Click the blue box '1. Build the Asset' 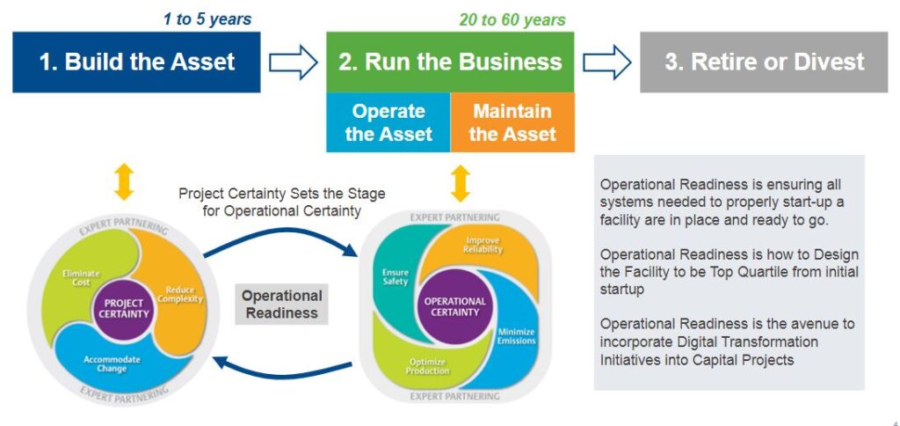tap(136, 62)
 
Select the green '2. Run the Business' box tap(450, 62)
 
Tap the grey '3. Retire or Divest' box tap(765, 62)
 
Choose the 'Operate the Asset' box tap(388, 122)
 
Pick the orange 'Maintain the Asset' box tap(512, 122)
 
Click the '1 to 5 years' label tap(207, 18)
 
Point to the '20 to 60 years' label tap(512, 18)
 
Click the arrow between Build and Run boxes tap(293, 62)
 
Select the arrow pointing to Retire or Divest tap(607, 62)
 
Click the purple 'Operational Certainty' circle tap(454, 306)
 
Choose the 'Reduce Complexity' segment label tap(179, 294)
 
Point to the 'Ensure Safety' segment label tap(395, 276)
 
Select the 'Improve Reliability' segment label tap(483, 245)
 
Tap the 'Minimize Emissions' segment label tap(516, 335)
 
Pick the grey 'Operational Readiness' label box tap(282, 304)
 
